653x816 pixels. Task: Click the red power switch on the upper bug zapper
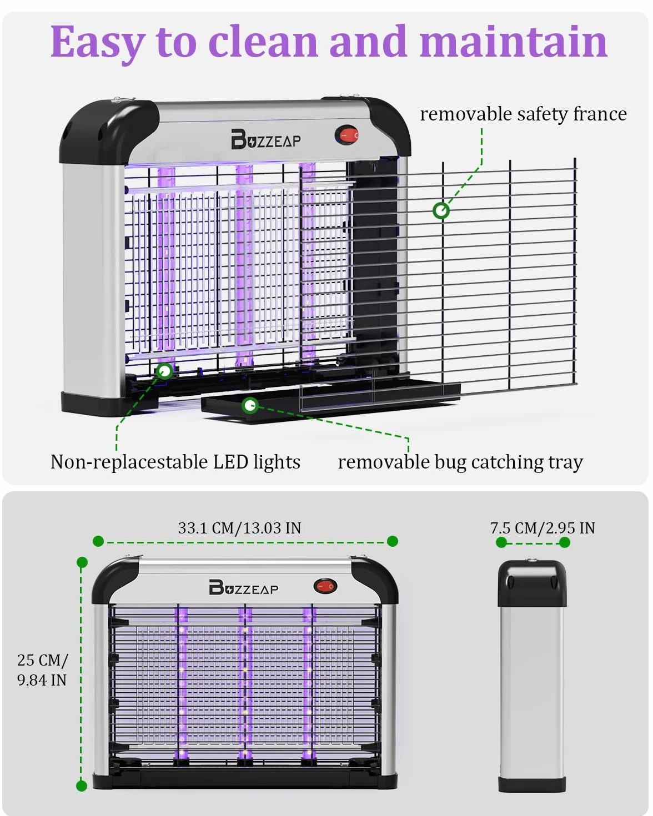tap(347, 135)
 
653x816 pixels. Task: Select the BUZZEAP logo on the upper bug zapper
tap(266, 139)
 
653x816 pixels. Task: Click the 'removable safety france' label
tap(523, 114)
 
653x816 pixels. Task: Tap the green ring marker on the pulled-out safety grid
tap(441, 210)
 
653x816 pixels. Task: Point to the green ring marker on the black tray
tap(250, 405)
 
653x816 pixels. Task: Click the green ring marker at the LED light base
tap(164, 371)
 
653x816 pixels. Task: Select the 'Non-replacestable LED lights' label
tap(175, 462)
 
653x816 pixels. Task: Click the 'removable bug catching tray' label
tap(460, 462)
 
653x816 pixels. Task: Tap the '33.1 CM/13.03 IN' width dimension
tap(239, 528)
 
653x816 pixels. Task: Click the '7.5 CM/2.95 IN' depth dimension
tap(543, 528)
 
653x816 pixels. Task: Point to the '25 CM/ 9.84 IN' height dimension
tap(43, 670)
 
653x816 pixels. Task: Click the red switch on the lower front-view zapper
tap(325, 586)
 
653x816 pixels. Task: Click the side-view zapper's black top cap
tap(532, 583)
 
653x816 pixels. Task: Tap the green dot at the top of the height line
tap(82, 562)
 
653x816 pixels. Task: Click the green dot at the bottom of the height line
tap(82, 786)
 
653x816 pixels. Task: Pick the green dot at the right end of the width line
tap(393, 541)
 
